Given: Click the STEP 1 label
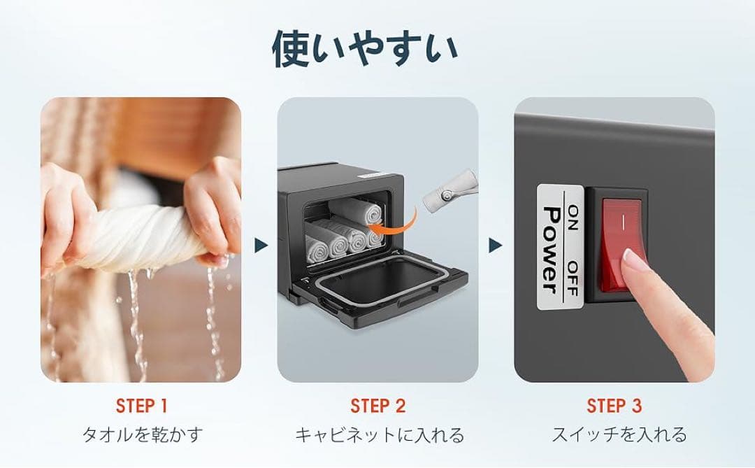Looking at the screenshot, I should point(141,406).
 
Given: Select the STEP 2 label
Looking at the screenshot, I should point(377,406).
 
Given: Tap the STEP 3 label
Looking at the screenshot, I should point(614,406).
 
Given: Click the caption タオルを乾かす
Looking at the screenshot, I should point(141,435).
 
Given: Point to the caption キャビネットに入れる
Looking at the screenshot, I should point(378,435).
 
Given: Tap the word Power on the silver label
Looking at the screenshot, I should point(551,250).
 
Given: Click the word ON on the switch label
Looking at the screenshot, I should point(573,213).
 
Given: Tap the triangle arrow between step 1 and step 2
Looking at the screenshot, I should point(260,245).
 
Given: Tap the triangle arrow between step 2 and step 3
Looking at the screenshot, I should point(496,245).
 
